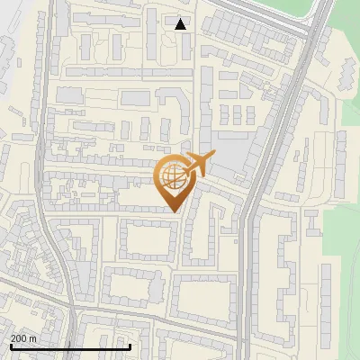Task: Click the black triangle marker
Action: pyautogui.click(x=181, y=24)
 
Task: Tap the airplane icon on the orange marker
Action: pyautogui.click(x=199, y=166)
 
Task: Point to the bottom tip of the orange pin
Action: pyautogui.click(x=175, y=212)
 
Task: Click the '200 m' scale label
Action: pyautogui.click(x=23, y=337)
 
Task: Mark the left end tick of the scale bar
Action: pyautogui.click(x=10, y=346)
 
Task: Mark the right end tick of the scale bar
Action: pyautogui.click(x=130, y=346)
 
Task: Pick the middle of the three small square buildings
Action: pyautogui.click(x=238, y=115)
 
